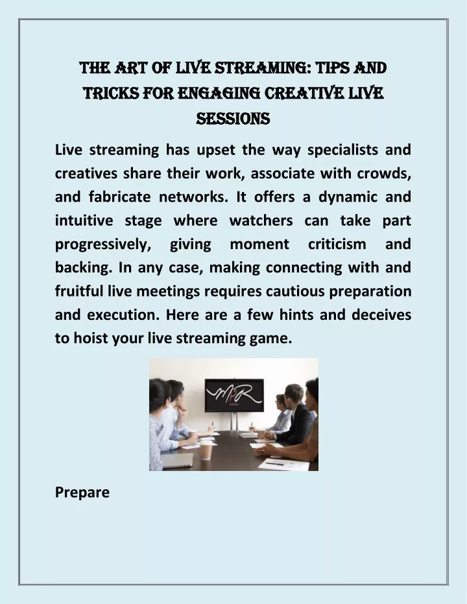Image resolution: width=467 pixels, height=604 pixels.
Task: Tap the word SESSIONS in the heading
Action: [x=233, y=118]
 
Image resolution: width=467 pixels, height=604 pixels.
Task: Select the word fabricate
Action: [x=120, y=197]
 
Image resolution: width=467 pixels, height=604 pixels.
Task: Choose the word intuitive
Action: [x=84, y=221]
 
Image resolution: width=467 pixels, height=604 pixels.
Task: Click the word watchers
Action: [x=261, y=221]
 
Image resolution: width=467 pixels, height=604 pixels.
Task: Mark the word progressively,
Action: [x=103, y=245]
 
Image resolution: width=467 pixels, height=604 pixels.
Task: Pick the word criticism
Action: [x=337, y=244]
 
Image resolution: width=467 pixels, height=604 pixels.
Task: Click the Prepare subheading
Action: [x=82, y=492]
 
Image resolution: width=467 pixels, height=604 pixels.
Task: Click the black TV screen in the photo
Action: [x=234, y=395]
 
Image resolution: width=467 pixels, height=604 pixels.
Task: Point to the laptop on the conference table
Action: [x=176, y=460]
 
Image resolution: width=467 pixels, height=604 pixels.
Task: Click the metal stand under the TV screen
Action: [x=233, y=422]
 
